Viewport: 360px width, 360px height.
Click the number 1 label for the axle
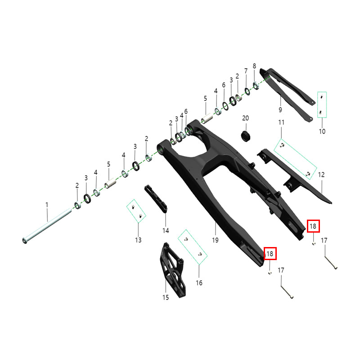[x=47, y=205]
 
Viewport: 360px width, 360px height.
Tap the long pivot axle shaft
[x=47, y=226]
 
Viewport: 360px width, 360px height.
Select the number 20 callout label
[x=245, y=118]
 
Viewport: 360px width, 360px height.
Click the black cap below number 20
[x=245, y=136]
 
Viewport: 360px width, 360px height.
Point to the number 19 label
[x=215, y=240]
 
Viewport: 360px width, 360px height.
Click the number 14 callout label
[x=166, y=230]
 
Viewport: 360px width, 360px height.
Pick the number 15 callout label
[x=166, y=297]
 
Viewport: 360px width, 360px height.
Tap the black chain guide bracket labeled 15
[x=173, y=270]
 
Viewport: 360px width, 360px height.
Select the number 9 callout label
[x=280, y=110]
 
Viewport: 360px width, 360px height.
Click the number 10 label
[x=322, y=131]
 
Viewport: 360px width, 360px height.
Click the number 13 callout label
[x=138, y=240]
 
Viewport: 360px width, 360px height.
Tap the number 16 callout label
[x=199, y=283]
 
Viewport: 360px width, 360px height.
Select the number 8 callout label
[x=254, y=66]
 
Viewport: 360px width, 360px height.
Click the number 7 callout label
[x=246, y=71]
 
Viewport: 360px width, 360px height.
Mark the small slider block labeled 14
[x=156, y=199]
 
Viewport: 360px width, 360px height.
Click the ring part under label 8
[x=256, y=85]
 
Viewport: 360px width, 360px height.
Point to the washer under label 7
[x=247, y=91]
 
